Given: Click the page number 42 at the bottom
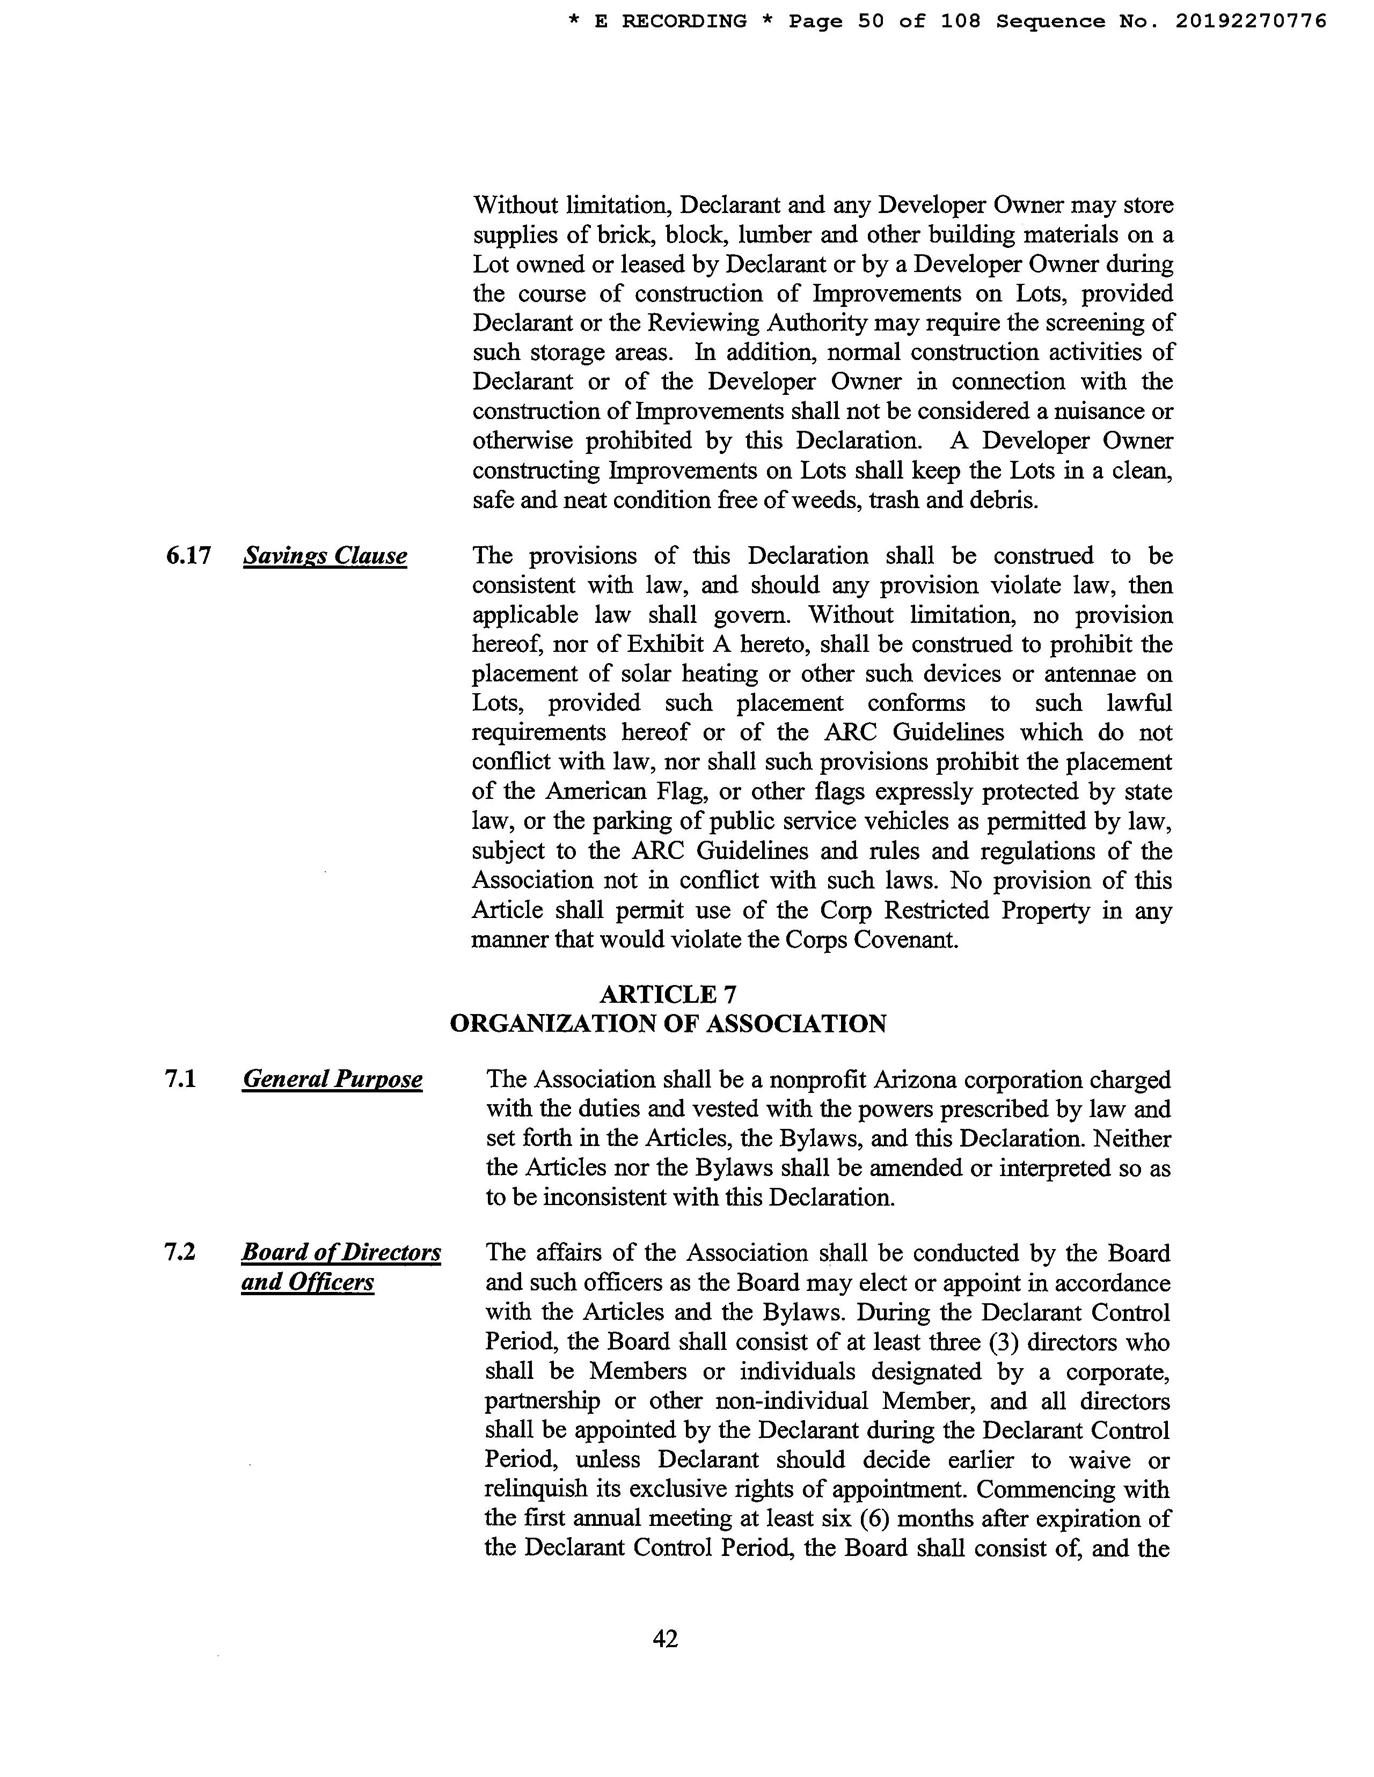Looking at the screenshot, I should click(x=665, y=1638).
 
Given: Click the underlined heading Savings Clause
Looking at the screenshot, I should click(x=325, y=556).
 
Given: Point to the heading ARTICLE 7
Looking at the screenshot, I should click(x=668, y=994).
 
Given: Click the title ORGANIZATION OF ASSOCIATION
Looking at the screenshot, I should click(x=668, y=1024).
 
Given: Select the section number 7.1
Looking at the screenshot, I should click(x=180, y=1080).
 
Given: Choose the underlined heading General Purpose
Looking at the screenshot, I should click(x=332, y=1080).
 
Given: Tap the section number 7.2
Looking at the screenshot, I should click(x=180, y=1252).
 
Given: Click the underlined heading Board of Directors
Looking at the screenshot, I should click(x=341, y=1252).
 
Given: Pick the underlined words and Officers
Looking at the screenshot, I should click(x=308, y=1282).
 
